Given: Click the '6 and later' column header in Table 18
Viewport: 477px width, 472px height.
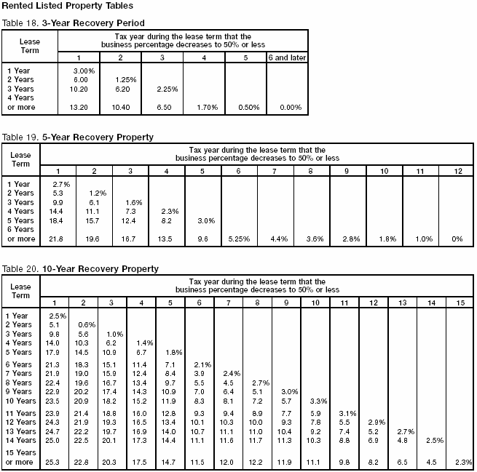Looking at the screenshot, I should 288,57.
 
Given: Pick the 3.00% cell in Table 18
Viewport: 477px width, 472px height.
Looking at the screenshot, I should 80,70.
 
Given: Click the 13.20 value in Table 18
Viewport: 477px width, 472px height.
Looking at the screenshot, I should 78,107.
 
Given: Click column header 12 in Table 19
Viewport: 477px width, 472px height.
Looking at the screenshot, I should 457,171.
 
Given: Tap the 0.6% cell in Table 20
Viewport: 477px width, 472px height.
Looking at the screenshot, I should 87,325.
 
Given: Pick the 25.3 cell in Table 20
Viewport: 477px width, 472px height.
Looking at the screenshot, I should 53,461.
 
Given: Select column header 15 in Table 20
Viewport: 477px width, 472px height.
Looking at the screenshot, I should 460,303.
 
